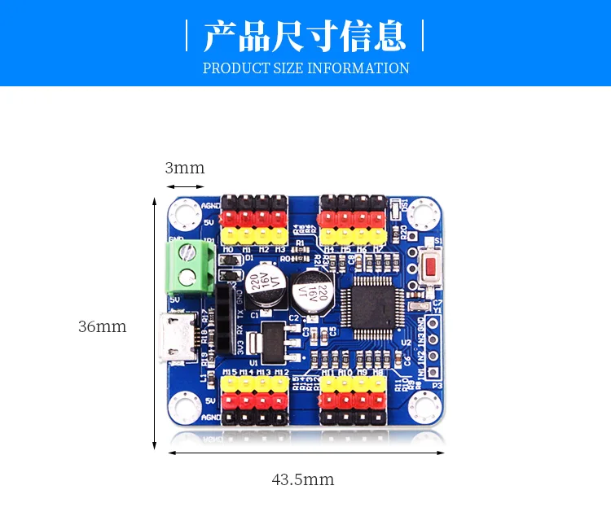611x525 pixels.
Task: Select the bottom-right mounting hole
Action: (425, 404)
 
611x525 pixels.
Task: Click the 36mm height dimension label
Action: (103, 326)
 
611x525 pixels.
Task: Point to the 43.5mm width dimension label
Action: (303, 479)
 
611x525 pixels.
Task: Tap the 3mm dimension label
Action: (185, 168)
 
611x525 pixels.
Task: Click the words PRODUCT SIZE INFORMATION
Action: (305, 68)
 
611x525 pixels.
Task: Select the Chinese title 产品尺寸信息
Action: (305, 37)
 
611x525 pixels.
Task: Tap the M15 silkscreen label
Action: (230, 373)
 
